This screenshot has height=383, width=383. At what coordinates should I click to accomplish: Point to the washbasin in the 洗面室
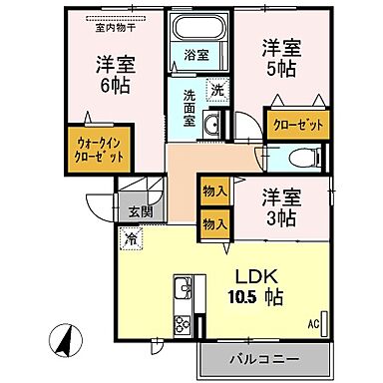pyautogui.click(x=212, y=124)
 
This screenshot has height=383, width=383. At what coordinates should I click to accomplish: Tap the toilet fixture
pyautogui.click(x=305, y=156)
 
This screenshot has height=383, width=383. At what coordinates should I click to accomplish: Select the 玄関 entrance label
pyautogui.click(x=140, y=210)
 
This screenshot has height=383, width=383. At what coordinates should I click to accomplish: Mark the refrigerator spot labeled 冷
pyautogui.click(x=131, y=238)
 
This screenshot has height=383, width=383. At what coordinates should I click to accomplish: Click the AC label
pyautogui.click(x=312, y=324)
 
